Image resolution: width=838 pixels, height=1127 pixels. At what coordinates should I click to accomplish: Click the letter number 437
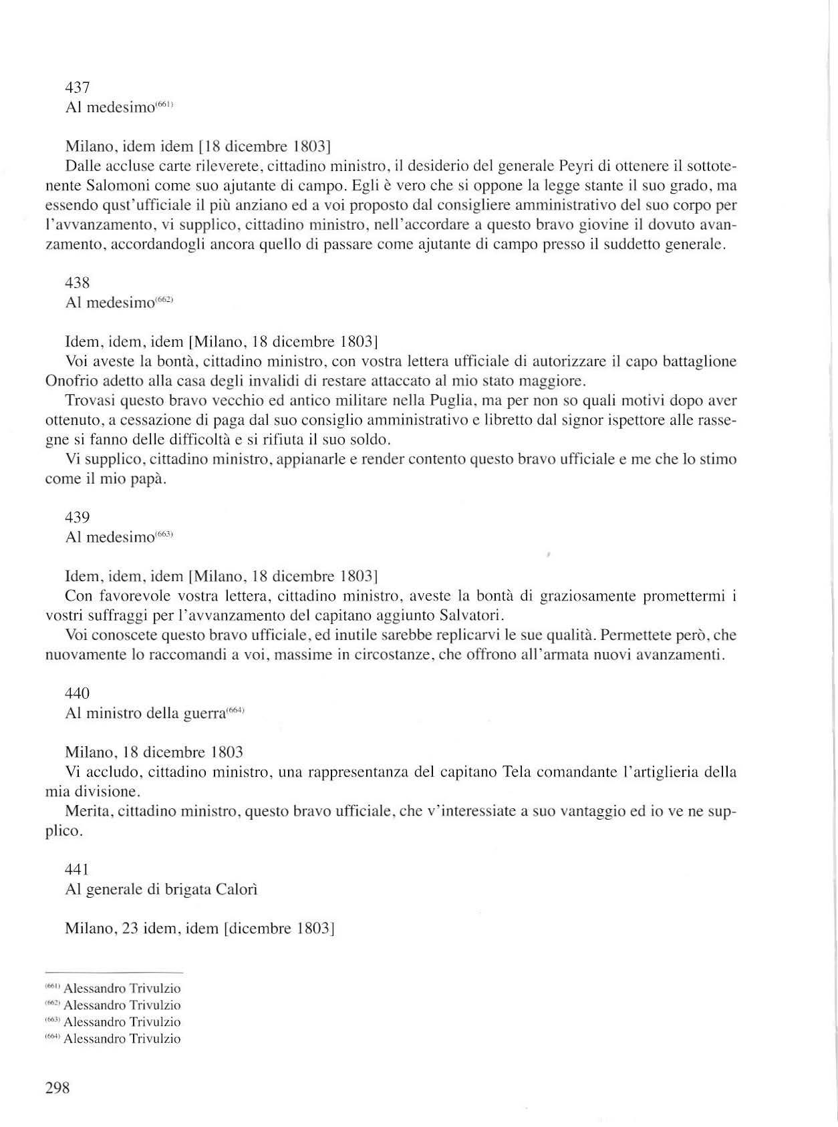78,88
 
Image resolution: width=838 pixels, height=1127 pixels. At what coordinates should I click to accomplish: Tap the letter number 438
78,283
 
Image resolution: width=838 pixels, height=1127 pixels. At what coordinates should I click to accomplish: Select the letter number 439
78,518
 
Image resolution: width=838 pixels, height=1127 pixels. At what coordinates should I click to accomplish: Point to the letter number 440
78,694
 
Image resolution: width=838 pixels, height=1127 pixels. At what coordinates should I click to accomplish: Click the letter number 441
77,870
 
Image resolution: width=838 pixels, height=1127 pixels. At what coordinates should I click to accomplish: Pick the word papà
148,480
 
